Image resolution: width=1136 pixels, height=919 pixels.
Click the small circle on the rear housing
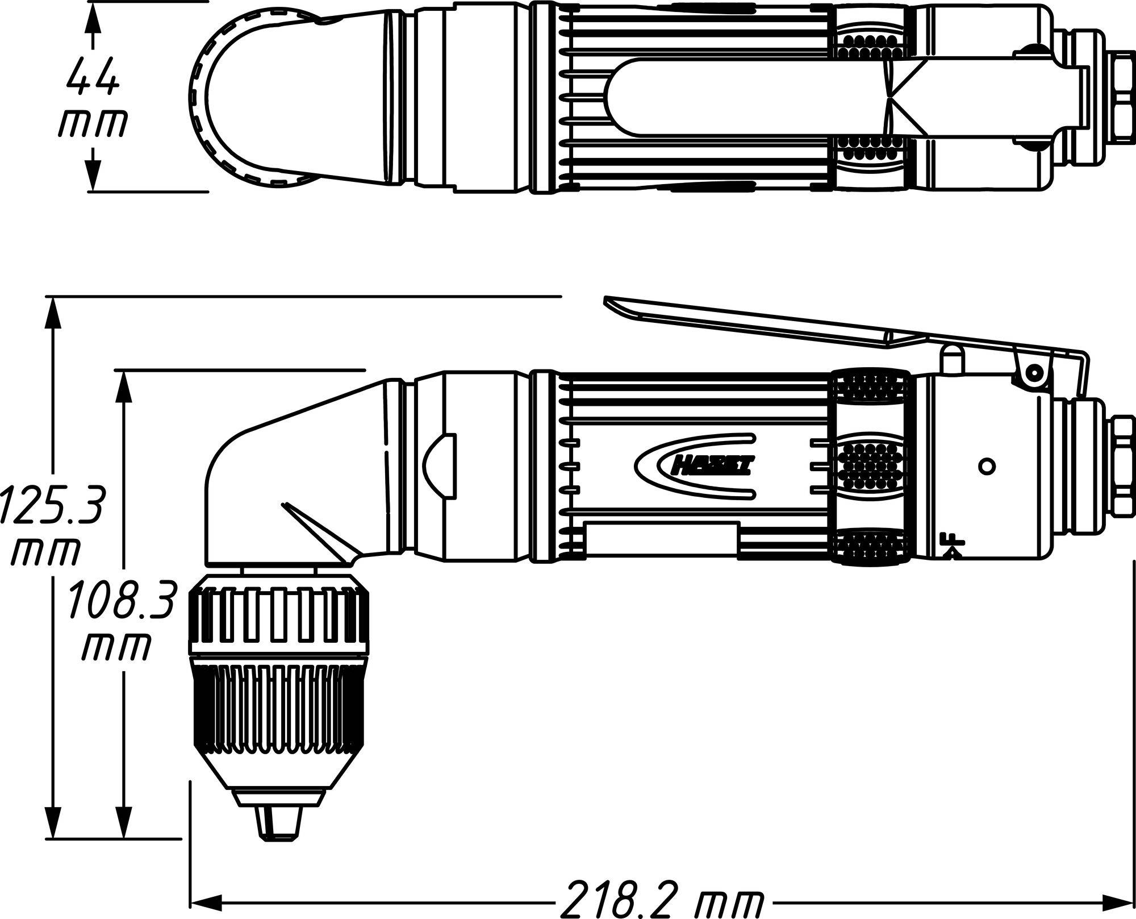click(x=988, y=466)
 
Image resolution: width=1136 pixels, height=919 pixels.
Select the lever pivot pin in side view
click(x=1034, y=373)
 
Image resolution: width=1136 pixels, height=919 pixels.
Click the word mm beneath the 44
click(x=93, y=124)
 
